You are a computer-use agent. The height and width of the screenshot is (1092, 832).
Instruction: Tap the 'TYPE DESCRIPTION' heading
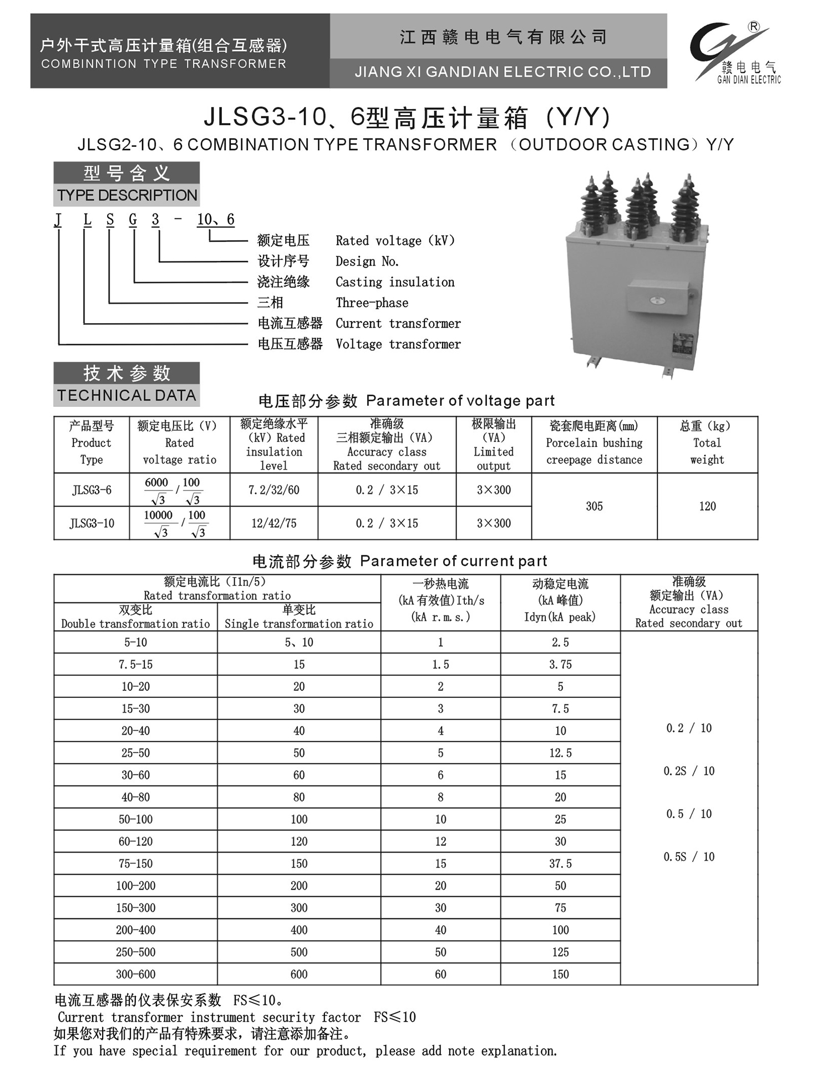127,195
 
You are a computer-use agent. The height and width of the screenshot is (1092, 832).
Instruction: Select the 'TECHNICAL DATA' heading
127,395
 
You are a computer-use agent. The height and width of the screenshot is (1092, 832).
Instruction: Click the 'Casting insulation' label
395,282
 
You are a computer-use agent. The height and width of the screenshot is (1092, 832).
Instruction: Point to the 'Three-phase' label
372,303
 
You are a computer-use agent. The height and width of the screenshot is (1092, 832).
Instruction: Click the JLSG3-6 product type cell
92,490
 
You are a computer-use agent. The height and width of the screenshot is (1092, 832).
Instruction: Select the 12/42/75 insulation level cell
274,523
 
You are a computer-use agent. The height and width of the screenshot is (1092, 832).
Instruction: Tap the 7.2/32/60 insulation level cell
274,490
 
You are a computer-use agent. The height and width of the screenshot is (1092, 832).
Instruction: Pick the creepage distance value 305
594,506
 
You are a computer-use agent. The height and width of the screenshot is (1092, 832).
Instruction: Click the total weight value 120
707,506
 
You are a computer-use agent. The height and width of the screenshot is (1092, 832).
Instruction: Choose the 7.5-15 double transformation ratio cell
135,664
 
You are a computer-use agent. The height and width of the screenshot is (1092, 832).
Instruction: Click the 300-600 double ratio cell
135,974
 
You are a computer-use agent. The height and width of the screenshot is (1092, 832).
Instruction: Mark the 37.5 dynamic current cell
560,863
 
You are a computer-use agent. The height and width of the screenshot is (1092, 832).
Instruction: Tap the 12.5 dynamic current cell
560,753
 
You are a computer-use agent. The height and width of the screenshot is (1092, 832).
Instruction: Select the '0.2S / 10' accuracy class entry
689,771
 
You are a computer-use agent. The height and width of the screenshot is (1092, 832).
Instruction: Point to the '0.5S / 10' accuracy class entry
689,857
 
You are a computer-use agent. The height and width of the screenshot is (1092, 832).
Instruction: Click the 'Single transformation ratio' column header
299,624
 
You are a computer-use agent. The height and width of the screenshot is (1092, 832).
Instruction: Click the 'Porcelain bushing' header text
594,443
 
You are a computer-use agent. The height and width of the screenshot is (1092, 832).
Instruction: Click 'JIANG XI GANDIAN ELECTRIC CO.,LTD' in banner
503,72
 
